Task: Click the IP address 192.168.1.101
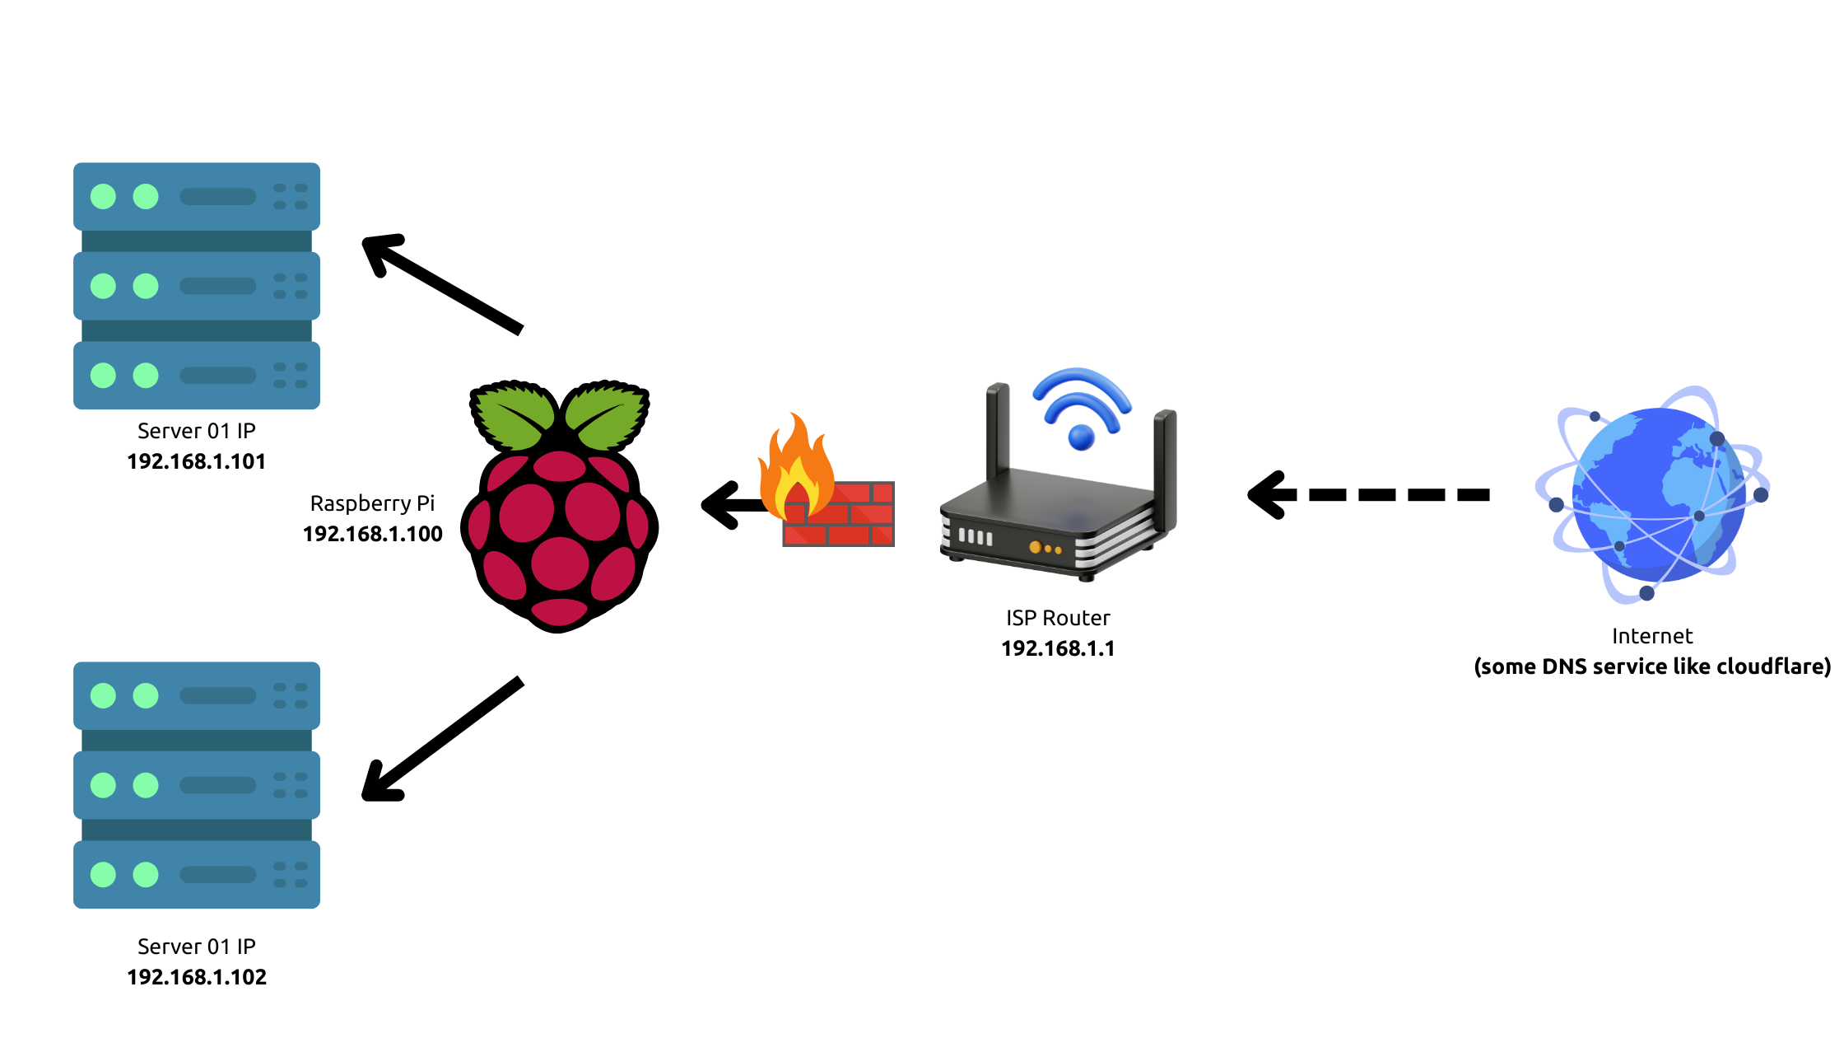pos(196,461)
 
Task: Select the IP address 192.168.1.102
pos(196,977)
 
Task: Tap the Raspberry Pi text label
pos(372,503)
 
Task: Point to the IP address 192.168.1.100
pos(372,534)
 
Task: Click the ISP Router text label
pos(1058,618)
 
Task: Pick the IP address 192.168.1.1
pos(1058,648)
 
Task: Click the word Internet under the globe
pos(1651,636)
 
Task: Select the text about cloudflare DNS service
pos(1651,666)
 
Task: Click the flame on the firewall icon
pos(795,465)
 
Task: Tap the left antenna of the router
pos(998,428)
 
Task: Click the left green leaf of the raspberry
pos(512,416)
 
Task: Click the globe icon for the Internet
pos(1655,494)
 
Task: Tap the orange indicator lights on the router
pos(1045,548)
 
